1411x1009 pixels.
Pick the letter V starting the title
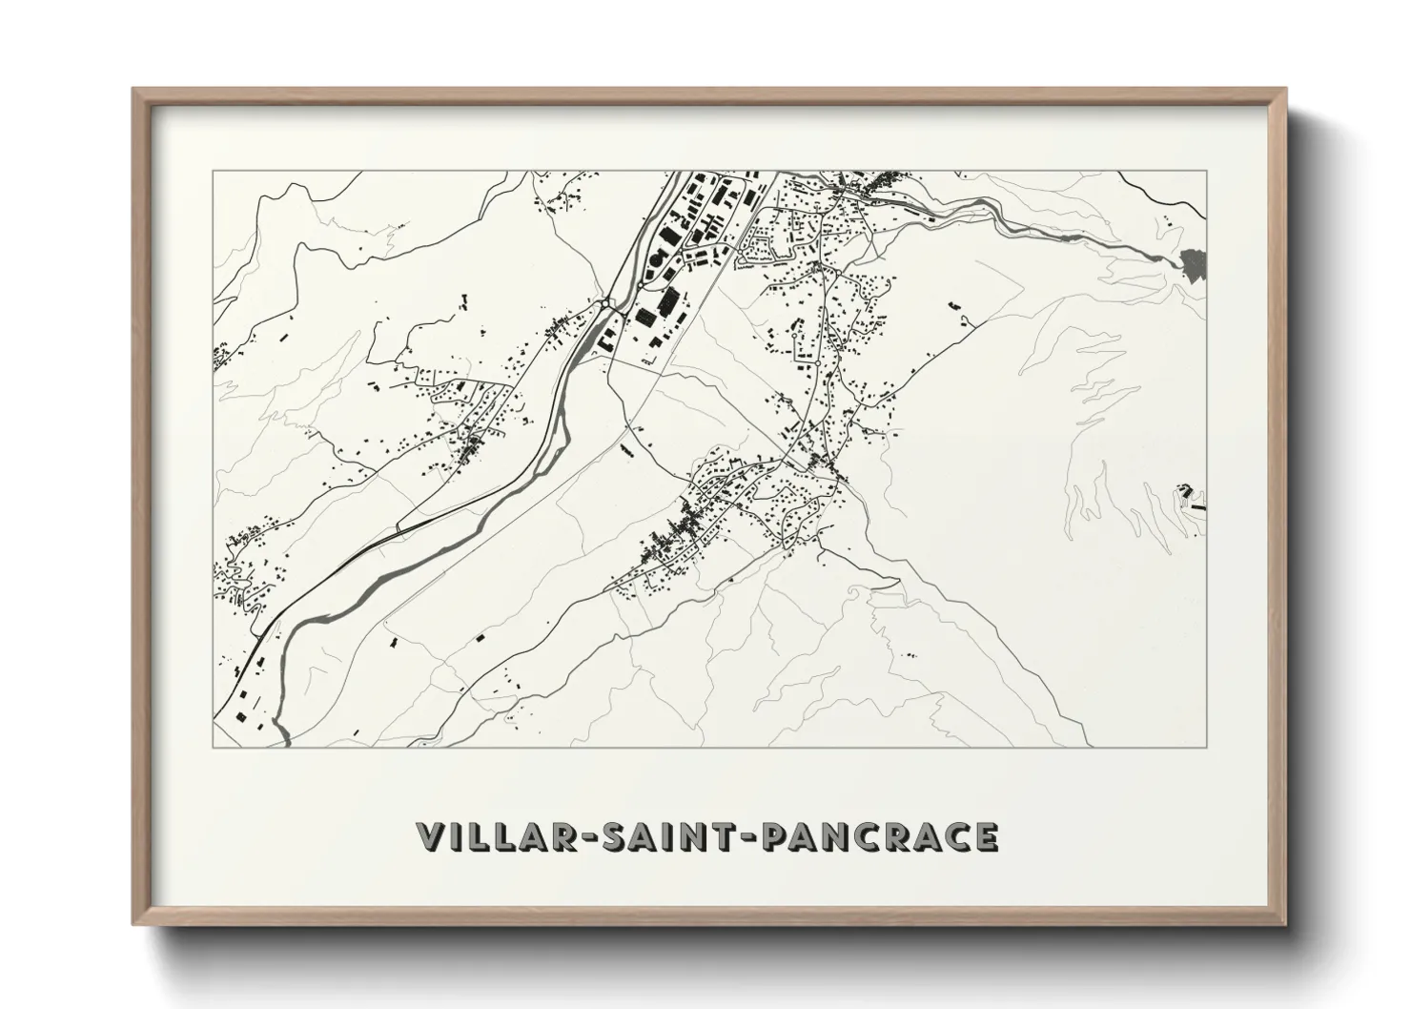pos(431,836)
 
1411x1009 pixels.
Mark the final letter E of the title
pos(985,836)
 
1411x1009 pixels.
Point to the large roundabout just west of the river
pos(606,303)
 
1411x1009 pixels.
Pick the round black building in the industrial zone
pos(656,258)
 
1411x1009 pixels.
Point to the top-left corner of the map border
pos(213,172)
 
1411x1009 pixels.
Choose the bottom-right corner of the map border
pos(1207,747)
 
